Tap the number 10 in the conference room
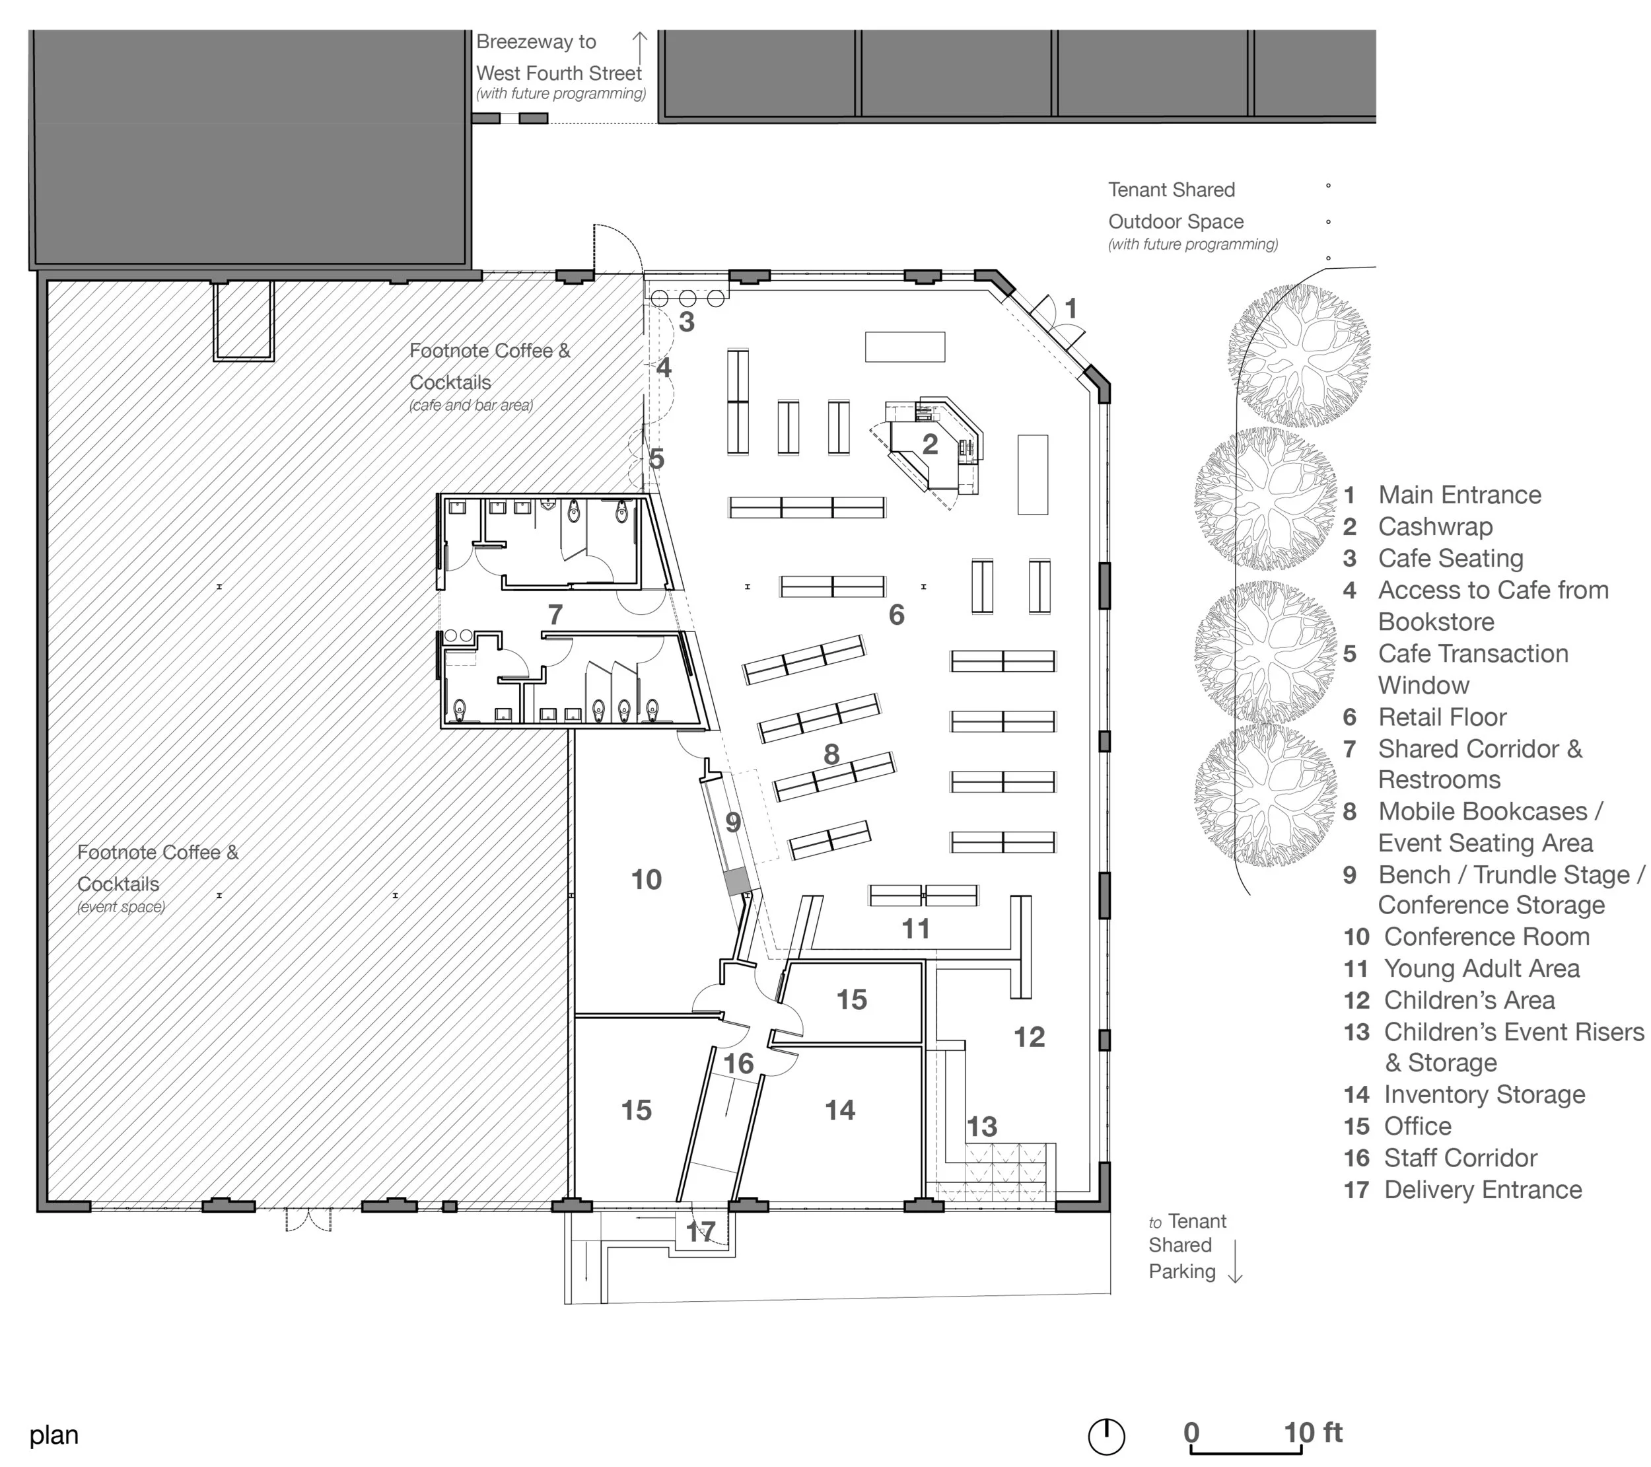coord(646,880)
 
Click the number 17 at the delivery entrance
coord(700,1232)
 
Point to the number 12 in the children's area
coord(1029,1037)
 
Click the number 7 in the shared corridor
coord(555,615)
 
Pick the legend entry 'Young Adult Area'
coord(1481,968)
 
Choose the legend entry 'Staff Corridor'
coord(1460,1158)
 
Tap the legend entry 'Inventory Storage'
coord(1485,1094)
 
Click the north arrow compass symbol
coord(1107,1437)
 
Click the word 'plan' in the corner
coord(54,1435)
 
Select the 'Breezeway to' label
coord(536,42)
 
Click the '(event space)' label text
coord(121,907)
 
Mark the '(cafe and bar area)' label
coord(471,406)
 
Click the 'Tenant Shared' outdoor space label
coord(1171,190)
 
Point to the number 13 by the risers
coord(981,1127)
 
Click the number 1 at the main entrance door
coord(1071,308)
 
